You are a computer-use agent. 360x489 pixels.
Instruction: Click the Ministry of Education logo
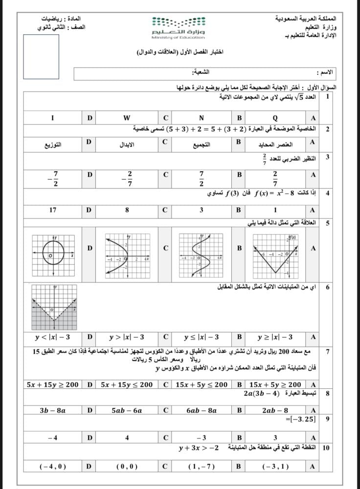pyautogui.click(x=179, y=27)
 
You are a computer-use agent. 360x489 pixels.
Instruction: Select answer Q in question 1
pyautogui.click(x=275, y=118)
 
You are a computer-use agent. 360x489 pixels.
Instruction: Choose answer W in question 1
pyautogui.click(x=127, y=118)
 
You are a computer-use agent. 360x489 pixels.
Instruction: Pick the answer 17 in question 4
pyautogui.click(x=53, y=210)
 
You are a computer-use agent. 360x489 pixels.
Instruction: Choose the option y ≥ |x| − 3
pyautogui.click(x=275, y=337)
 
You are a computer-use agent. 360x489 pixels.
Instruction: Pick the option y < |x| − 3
pyautogui.click(x=52, y=337)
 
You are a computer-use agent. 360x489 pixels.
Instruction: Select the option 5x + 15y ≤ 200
pyautogui.click(x=127, y=384)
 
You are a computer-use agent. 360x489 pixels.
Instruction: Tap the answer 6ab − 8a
pyautogui.click(x=202, y=411)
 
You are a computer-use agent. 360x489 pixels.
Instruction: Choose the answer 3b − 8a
pyautogui.click(x=53, y=411)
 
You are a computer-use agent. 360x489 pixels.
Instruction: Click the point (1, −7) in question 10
pyautogui.click(x=202, y=467)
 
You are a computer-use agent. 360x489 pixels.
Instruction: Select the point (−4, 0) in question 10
pyautogui.click(x=53, y=467)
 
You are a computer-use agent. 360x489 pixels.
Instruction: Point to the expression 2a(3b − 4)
pyautogui.click(x=264, y=393)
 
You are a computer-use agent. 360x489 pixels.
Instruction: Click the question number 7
pyautogui.click(x=327, y=352)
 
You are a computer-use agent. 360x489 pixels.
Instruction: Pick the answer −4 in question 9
pyautogui.click(x=53, y=438)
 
